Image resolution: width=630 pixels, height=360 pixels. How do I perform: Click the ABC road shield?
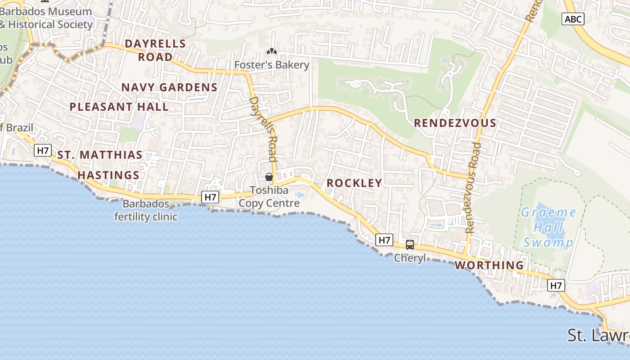click(573, 19)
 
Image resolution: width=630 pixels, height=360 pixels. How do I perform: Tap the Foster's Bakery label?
click(272, 65)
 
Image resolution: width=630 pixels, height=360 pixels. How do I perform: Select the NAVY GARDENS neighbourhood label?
click(170, 87)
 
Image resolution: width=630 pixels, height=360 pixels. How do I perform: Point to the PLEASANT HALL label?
click(119, 107)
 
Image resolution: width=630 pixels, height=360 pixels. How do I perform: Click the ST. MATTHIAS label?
click(100, 155)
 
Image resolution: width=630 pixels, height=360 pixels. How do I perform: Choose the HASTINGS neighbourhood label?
click(108, 175)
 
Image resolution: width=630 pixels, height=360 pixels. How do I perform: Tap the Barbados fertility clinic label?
click(146, 210)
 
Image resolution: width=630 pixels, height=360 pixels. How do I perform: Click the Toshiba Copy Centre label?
click(269, 197)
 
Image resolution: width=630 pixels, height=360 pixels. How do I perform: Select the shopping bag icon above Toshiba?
click(269, 177)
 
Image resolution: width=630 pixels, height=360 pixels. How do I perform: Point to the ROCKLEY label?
click(354, 183)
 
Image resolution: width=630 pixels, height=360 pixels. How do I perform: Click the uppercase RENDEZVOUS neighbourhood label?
click(455, 123)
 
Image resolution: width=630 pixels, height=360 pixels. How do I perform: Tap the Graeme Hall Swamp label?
click(548, 227)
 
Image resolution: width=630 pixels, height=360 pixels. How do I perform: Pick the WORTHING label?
click(489, 265)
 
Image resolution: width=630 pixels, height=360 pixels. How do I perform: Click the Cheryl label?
click(410, 258)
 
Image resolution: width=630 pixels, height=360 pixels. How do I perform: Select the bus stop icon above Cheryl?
click(410, 245)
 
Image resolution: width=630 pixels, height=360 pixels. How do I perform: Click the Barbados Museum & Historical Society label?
click(46, 18)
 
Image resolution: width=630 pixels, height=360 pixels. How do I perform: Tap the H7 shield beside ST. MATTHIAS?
click(43, 150)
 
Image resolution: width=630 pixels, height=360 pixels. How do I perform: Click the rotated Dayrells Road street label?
click(263, 129)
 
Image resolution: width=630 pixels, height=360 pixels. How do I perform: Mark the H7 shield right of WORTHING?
click(556, 285)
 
